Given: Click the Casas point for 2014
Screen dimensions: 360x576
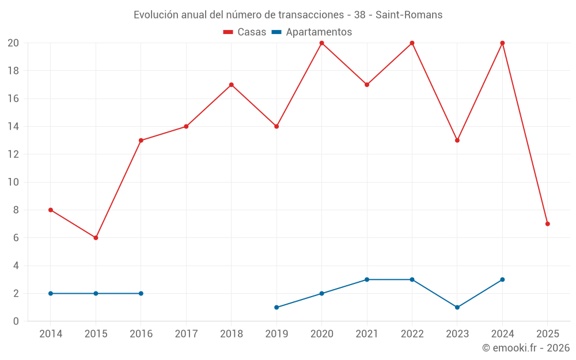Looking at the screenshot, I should pyautogui.click(x=51, y=210).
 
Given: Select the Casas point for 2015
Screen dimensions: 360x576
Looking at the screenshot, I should pyautogui.click(x=96, y=238).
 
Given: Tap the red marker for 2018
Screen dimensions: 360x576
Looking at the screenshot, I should pyautogui.click(x=231, y=85).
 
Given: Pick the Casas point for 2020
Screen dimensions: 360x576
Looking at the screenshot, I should pyautogui.click(x=321, y=43).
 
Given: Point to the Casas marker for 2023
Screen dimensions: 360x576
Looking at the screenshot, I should pyautogui.click(x=457, y=141).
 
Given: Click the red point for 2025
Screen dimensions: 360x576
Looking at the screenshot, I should pyautogui.click(x=547, y=224).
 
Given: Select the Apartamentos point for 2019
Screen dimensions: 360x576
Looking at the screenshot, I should pyautogui.click(x=276, y=307).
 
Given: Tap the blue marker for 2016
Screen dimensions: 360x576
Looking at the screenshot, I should pyautogui.click(x=141, y=293).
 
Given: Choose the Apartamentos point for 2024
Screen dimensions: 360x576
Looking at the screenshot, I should pyautogui.click(x=502, y=279).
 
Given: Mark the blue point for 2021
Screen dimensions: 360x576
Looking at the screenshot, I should pyautogui.click(x=367, y=279).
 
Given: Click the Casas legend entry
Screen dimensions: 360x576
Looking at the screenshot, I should pyautogui.click(x=245, y=32).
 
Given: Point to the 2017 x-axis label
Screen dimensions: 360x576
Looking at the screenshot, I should pyautogui.click(x=186, y=334).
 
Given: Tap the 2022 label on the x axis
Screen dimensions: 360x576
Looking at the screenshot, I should pyautogui.click(x=412, y=334).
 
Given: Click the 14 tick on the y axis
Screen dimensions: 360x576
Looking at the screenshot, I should pyautogui.click(x=13, y=127).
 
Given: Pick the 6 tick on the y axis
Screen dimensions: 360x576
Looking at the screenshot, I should pyautogui.click(x=16, y=238).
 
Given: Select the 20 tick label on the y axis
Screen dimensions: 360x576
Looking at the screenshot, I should pyautogui.click(x=13, y=43).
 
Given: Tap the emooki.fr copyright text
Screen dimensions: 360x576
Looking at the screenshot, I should pyautogui.click(x=526, y=348).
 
